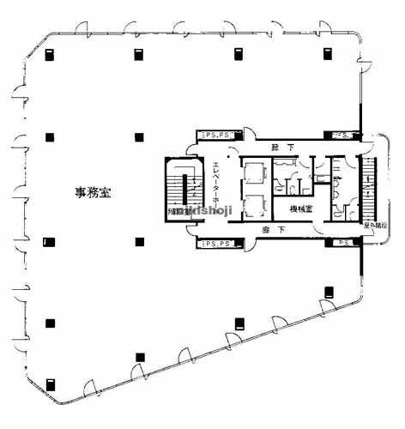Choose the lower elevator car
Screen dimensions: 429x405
(255, 206)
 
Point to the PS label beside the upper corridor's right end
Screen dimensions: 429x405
(342, 136)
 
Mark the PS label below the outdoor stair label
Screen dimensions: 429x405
(342, 243)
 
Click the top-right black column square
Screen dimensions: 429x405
(327, 53)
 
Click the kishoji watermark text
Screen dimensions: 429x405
(206, 212)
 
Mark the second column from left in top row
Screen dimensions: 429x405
(138, 53)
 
